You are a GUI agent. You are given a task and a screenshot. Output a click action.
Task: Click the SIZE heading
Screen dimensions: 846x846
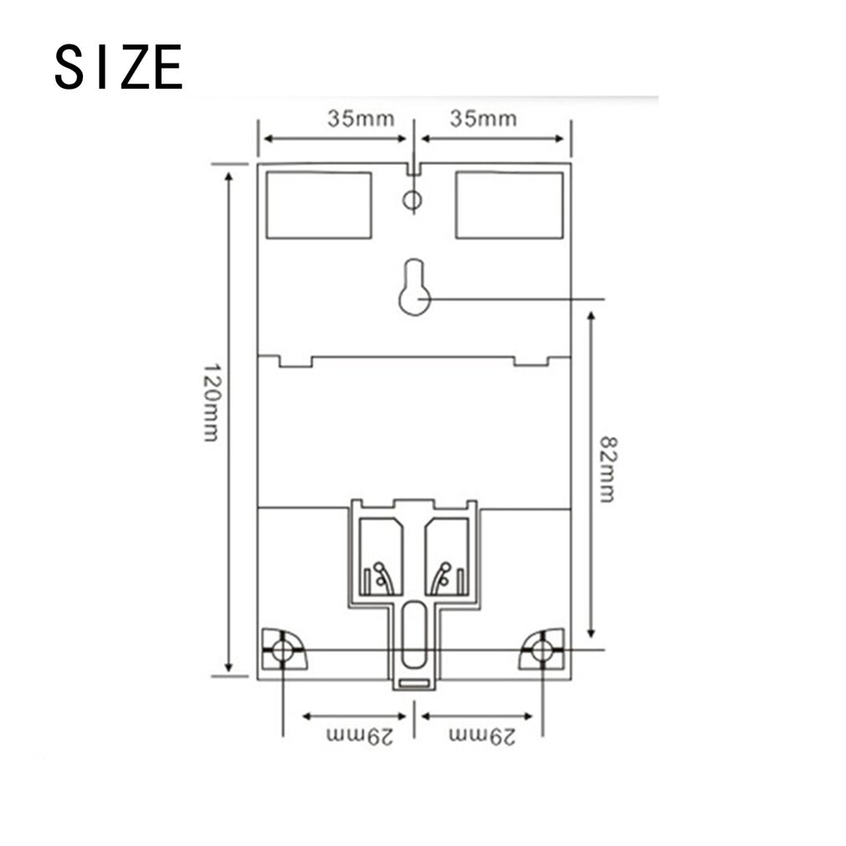[118, 67]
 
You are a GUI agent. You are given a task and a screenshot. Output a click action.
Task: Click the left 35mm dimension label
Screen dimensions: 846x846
[360, 118]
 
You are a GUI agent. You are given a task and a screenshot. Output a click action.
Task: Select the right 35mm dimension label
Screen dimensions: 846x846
[482, 118]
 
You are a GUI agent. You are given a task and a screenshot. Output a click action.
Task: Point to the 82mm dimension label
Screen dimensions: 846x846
[607, 468]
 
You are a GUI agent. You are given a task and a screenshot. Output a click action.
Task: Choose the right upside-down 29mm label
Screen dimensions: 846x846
[482, 736]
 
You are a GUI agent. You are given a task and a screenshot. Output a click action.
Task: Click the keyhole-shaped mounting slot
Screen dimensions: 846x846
[414, 290]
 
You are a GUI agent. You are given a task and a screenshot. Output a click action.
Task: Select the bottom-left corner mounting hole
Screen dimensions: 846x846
[282, 649]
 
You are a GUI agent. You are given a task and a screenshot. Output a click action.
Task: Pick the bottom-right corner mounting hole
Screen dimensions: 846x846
[543, 649]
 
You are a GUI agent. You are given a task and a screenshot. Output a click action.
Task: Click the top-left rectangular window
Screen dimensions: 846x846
[318, 205]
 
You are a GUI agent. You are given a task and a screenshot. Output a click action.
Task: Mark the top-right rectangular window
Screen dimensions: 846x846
[509, 205]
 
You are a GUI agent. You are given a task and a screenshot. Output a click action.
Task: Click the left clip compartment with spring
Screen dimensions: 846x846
[380, 557]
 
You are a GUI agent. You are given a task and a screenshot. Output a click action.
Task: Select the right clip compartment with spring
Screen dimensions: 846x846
[446, 557]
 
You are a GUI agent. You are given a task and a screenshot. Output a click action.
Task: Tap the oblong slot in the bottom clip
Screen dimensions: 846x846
[413, 634]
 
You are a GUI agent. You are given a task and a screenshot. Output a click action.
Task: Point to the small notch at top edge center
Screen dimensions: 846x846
[413, 168]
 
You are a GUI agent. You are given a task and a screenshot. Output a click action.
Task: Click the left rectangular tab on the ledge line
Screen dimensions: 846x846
[295, 361]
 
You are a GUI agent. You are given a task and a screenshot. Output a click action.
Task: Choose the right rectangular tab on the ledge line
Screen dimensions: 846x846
[530, 361]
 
